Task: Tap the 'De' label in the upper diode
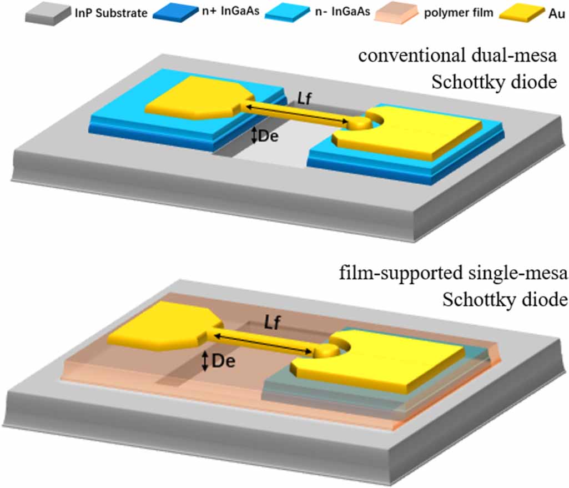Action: point(268,134)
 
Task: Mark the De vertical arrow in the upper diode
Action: point(254,135)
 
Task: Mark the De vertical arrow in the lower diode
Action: point(205,361)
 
